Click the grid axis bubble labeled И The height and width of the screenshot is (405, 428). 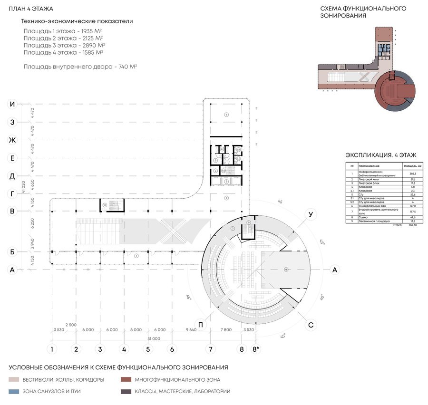pyautogui.click(x=13, y=104)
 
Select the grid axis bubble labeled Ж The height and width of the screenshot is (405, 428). pyautogui.click(x=13, y=140)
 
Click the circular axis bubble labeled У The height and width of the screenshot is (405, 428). pyautogui.click(x=311, y=215)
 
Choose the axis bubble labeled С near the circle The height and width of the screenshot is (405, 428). pyautogui.click(x=311, y=325)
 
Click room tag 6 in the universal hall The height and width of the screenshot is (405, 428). pyautogui.click(x=227, y=115)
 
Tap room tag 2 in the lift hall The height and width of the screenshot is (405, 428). pyautogui.click(x=227, y=198)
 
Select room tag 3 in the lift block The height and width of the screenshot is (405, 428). pyautogui.click(x=227, y=181)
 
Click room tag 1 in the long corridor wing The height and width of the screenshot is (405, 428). pyautogui.click(x=136, y=256)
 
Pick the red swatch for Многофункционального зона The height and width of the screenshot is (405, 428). pyautogui.click(x=126, y=380)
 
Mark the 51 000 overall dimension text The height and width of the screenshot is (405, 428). pyautogui.click(x=154, y=338)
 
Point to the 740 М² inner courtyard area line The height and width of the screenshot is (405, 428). pyautogui.click(x=80, y=67)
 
